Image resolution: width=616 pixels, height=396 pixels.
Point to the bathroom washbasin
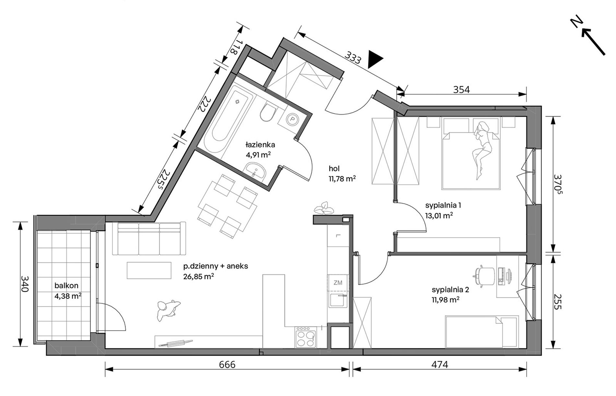(x=255, y=170)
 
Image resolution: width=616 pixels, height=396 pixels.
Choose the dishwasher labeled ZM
(x=338, y=283)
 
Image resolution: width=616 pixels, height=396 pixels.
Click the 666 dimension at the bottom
(x=227, y=365)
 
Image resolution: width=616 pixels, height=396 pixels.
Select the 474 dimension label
(x=440, y=365)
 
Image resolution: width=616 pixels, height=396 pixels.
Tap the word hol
(x=334, y=169)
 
